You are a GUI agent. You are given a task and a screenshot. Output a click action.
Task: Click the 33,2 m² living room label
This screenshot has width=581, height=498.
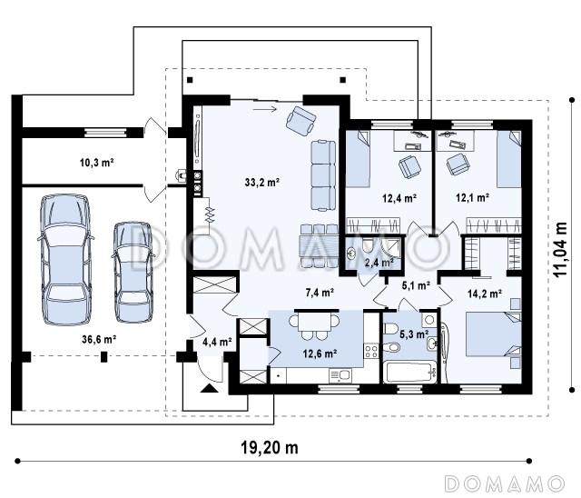click(262, 182)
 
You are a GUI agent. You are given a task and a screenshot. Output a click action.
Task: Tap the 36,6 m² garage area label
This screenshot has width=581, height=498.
click(99, 339)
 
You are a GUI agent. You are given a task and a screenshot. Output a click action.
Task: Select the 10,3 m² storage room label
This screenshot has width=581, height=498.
click(97, 162)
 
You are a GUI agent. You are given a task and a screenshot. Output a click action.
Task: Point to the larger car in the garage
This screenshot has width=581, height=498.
click(65, 259)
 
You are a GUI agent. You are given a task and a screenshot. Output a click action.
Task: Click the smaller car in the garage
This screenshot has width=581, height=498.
click(133, 273)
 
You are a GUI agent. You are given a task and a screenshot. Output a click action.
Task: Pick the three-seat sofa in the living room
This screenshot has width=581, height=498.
click(323, 175)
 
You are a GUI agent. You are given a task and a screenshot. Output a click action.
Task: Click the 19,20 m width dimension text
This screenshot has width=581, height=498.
click(270, 448)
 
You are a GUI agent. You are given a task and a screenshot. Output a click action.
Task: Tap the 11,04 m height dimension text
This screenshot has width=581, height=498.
click(561, 249)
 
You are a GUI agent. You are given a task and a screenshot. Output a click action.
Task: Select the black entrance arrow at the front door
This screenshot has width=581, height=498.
click(210, 388)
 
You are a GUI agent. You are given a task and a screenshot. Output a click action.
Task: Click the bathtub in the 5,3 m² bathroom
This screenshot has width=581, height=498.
click(410, 373)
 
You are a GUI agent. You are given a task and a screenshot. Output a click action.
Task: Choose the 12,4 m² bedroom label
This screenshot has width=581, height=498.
click(399, 198)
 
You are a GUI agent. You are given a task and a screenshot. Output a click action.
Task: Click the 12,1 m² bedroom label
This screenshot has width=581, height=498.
click(472, 197)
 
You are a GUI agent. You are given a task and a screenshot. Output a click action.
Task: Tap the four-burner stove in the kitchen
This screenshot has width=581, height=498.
click(371, 351)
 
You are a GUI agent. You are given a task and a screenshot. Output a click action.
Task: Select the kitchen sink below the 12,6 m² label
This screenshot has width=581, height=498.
click(340, 376)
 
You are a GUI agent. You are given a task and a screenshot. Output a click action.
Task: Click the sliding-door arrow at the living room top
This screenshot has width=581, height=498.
click(265, 109)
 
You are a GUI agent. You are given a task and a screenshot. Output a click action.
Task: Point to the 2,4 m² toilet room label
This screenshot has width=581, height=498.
click(379, 264)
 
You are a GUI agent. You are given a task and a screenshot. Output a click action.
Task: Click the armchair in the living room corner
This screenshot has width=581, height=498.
click(300, 120)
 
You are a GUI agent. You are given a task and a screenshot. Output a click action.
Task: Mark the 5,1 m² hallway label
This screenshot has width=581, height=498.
click(416, 285)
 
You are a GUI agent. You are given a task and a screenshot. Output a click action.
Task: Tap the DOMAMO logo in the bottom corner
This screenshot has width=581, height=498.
click(505, 483)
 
